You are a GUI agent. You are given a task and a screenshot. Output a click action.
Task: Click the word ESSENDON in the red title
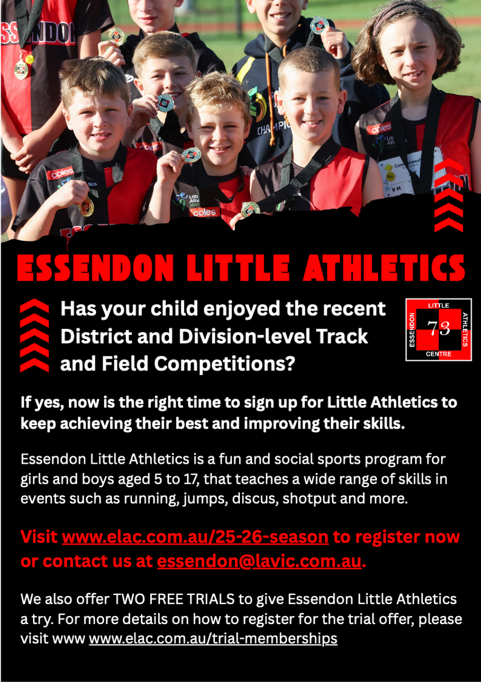tap(96, 268)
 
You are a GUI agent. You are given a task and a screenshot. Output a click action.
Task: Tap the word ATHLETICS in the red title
tap(384, 268)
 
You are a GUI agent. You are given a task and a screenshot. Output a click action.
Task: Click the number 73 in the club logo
tap(438, 328)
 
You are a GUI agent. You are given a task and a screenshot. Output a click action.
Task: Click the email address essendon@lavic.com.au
tap(259, 561)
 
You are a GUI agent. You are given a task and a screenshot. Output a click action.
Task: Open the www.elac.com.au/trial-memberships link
tap(213, 638)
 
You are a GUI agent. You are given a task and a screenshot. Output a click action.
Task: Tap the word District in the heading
tap(96, 336)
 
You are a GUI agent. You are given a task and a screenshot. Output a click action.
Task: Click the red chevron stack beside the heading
tap(35, 335)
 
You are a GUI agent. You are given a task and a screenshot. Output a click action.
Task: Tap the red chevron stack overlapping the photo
tap(449, 195)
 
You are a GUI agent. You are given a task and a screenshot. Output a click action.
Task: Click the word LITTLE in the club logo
tap(438, 305)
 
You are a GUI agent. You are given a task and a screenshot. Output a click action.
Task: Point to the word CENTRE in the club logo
tap(438, 354)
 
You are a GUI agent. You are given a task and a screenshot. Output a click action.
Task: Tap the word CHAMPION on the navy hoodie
tap(273, 127)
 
